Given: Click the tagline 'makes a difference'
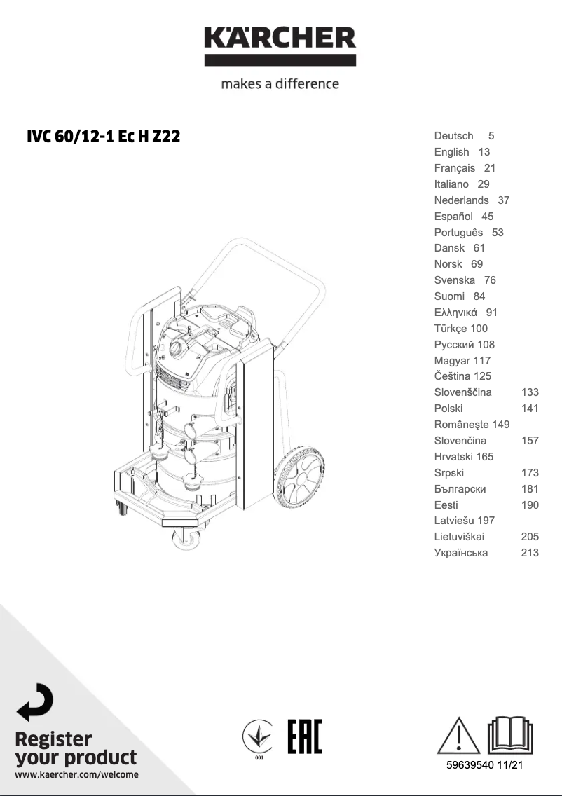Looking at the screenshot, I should coord(280,84).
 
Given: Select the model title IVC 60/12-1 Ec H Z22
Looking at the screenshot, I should coord(103,137).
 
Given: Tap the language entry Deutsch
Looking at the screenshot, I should coord(453,136).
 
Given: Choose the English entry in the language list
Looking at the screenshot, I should coord(451,152).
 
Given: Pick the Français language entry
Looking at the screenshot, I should coord(454,168).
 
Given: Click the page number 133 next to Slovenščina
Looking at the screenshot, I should coord(530,392).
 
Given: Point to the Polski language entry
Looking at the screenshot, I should coord(448,409).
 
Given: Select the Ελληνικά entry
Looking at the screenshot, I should coord(455,313).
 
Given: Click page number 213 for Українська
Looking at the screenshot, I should coord(530,553).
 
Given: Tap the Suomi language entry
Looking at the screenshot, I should coord(449,296).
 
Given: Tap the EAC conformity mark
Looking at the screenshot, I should coord(305,736).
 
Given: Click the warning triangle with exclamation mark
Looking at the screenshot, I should coord(459,736).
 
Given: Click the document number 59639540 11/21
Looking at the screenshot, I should coord(485,766).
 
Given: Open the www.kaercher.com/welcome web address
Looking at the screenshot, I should coord(76,774).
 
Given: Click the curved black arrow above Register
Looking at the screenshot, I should coord(35,703).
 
